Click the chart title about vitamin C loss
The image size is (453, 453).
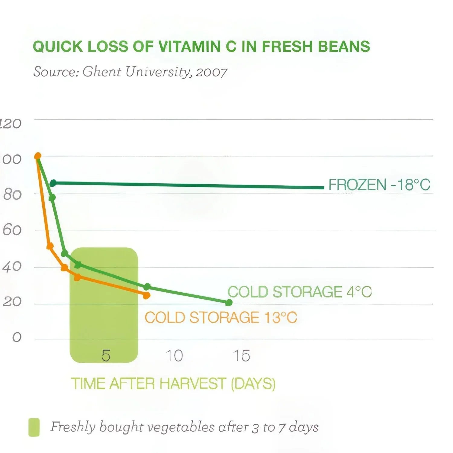201,47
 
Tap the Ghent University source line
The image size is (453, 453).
130,72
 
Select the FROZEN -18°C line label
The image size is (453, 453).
379,185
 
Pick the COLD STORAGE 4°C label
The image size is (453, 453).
299,292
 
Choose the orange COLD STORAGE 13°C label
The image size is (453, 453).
221,318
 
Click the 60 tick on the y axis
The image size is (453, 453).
12,230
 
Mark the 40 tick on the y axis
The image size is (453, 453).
12,267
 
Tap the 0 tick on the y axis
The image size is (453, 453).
17,337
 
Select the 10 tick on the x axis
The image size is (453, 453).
174,356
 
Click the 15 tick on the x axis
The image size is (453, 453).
241,356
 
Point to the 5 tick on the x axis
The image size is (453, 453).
106,356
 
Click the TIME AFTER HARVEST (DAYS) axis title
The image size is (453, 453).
173,384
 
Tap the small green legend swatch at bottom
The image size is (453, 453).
34,427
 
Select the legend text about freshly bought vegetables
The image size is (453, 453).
184,427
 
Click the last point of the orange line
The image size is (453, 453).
146,295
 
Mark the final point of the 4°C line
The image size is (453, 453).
229,302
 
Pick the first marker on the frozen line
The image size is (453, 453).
53,183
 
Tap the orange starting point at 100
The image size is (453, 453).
38,156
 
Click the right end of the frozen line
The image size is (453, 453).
323,188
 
